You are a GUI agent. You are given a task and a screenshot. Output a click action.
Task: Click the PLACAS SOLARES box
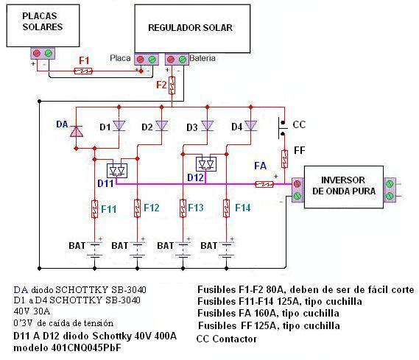tap(43, 26)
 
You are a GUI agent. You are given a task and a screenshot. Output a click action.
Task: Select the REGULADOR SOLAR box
tap(192, 29)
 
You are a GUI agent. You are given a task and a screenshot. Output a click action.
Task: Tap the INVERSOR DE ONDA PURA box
tap(344, 187)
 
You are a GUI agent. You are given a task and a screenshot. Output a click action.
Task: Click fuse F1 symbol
tap(82, 71)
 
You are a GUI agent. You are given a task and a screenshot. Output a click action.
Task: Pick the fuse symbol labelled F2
tap(172, 85)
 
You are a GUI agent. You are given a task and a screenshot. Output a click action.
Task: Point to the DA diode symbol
tap(76, 131)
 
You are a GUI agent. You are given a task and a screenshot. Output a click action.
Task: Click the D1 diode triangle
tap(119, 125)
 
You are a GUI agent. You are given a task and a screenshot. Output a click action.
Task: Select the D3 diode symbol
tap(207, 125)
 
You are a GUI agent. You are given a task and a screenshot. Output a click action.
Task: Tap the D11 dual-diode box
tap(117, 171)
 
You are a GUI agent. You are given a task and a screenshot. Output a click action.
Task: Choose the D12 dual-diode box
tap(206, 164)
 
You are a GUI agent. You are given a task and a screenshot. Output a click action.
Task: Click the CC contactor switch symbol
tap(283, 127)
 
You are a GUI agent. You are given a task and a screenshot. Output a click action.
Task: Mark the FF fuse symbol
tap(284, 159)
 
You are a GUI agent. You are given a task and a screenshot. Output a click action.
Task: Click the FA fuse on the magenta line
tap(264, 184)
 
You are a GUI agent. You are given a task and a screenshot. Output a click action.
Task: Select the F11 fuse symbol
tap(94, 209)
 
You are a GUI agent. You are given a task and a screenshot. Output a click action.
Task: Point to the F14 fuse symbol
tap(226, 208)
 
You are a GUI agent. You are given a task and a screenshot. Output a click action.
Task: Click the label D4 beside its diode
tap(237, 127)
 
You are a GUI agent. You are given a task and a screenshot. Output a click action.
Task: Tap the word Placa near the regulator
tap(120, 58)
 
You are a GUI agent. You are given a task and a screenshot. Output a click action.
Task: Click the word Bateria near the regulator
tap(203, 58)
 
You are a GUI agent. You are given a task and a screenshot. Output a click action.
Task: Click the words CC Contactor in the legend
tap(227, 339)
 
